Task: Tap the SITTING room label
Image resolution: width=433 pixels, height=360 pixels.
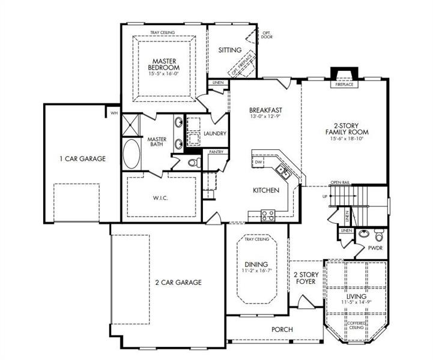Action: pyautogui.click(x=229, y=50)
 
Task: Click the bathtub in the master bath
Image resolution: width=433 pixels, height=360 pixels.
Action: pyautogui.click(x=131, y=154)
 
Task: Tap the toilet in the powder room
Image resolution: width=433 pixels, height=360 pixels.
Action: pyautogui.click(x=378, y=233)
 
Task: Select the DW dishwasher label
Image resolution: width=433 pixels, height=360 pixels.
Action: pyautogui.click(x=258, y=162)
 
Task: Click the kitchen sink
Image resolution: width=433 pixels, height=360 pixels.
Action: pyautogui.click(x=282, y=173)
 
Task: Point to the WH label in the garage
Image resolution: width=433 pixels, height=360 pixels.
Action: pyautogui.click(x=113, y=112)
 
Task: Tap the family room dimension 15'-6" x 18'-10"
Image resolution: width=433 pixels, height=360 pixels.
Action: pyautogui.click(x=347, y=139)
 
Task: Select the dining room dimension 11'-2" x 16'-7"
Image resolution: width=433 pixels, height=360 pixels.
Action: pyautogui.click(x=256, y=271)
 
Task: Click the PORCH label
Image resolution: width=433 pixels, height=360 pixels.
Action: pyautogui.click(x=282, y=329)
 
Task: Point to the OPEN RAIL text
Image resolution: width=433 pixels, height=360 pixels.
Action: pyautogui.click(x=339, y=182)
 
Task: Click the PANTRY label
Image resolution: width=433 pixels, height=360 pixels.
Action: pyautogui.click(x=216, y=152)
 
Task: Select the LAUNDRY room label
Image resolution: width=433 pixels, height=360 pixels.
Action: pyautogui.click(x=214, y=133)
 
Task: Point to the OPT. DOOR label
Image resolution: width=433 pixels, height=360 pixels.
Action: pyautogui.click(x=266, y=34)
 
